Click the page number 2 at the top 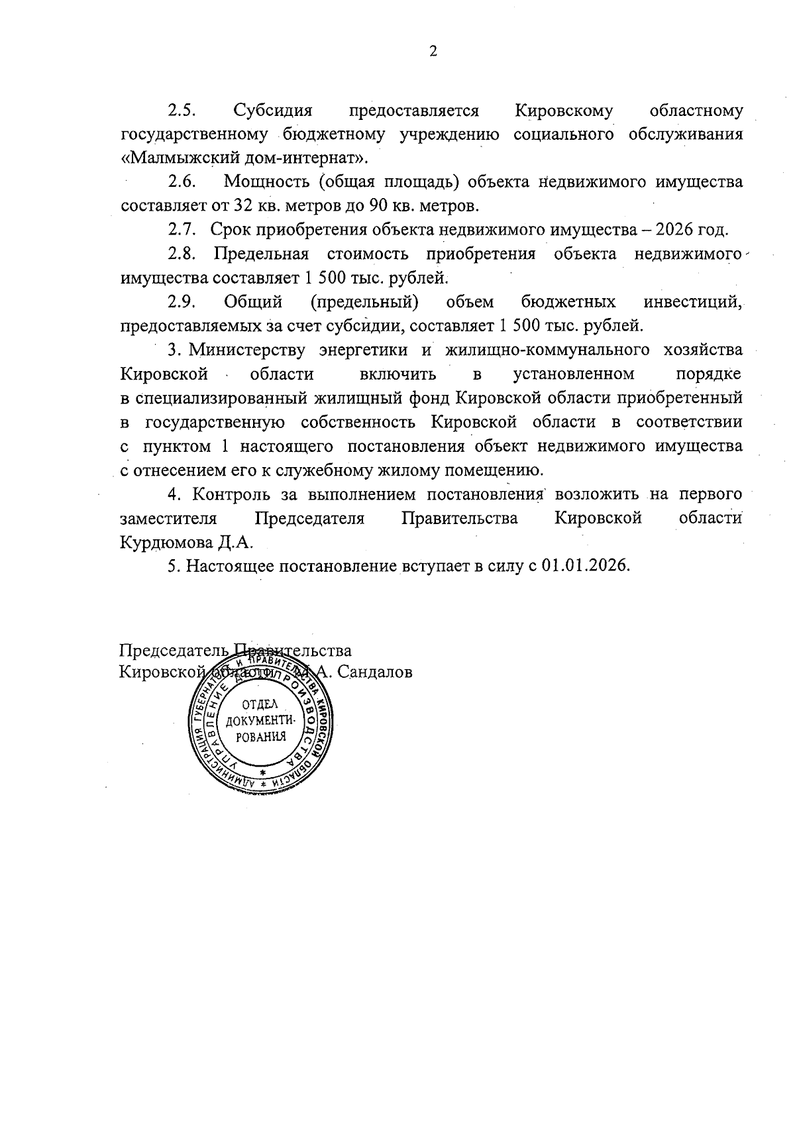[433, 52]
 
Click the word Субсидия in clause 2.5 [272, 110]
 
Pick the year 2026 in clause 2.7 [676, 230]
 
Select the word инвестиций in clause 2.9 [693, 303]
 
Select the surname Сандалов [375, 672]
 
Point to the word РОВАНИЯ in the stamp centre [261, 736]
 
